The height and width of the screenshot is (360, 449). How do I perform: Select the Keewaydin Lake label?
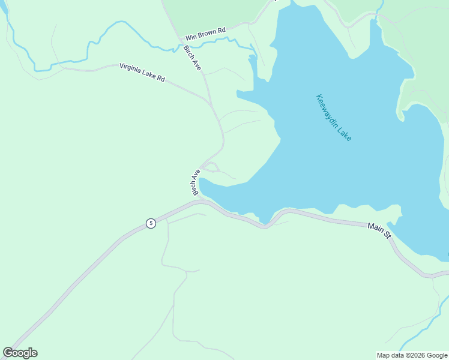[334, 118]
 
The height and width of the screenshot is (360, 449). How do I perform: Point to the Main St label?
[379, 229]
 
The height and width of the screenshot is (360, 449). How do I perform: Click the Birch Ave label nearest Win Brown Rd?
[193, 58]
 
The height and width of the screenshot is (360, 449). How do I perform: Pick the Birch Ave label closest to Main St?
[196, 182]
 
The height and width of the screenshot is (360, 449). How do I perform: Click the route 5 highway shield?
[151, 223]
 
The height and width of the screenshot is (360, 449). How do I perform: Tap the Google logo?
[20, 353]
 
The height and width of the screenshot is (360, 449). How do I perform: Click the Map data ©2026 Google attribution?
[412, 355]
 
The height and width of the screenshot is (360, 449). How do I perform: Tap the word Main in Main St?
[375, 227]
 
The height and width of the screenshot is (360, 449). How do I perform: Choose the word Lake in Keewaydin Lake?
[345, 133]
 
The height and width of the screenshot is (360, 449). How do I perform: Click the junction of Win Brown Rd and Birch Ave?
[179, 40]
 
